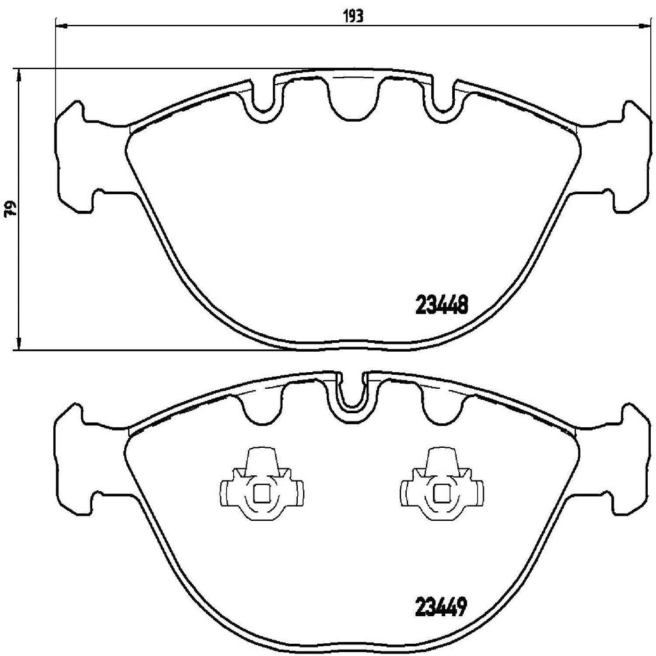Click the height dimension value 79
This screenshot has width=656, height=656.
click(10, 209)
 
